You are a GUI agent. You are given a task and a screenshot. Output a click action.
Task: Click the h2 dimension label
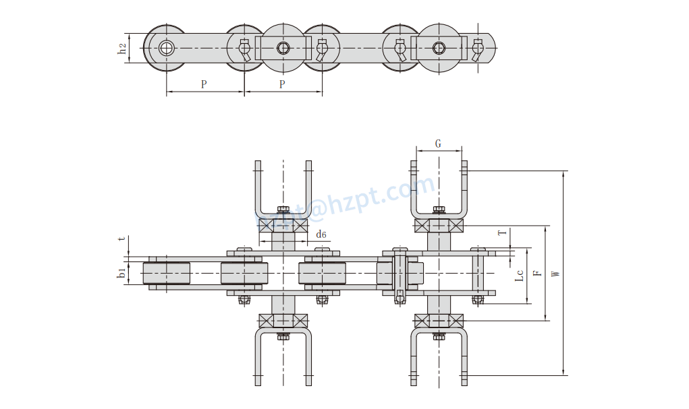122,48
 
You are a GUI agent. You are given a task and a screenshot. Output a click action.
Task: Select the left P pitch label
204,84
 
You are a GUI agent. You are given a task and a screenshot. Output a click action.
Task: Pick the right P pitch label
282,84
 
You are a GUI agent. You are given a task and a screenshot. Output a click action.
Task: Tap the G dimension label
438,144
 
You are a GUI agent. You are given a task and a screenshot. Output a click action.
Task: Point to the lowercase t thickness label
121,239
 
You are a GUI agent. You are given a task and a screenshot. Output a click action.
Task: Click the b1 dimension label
121,273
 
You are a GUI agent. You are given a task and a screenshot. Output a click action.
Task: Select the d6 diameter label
321,234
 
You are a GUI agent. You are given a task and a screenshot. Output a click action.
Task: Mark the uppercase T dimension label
501,233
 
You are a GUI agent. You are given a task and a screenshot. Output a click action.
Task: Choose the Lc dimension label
519,276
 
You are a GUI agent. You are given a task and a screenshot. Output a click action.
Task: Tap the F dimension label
536,274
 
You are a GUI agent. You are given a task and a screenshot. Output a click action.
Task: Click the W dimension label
555,274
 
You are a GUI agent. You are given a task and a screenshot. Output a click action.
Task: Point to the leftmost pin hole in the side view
167,48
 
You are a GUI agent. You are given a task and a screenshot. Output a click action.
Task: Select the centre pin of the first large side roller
283,48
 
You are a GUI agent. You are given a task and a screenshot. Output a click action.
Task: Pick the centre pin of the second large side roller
439,48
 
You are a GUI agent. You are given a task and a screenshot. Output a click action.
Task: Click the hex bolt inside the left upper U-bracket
283,210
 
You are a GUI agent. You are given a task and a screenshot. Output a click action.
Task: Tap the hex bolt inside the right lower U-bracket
439,336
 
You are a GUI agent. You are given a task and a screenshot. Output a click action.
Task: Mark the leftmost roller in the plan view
167,273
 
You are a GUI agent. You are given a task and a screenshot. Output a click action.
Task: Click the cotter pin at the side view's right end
478,49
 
